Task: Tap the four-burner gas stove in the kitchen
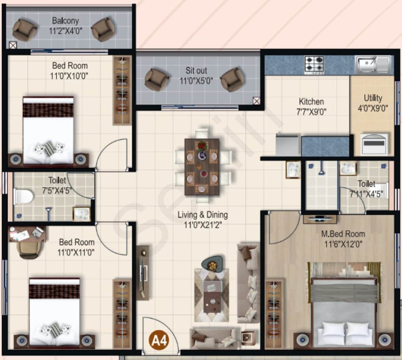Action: coord(314,65)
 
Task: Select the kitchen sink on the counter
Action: coord(368,65)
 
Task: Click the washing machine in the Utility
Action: coord(374,144)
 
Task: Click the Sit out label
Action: coord(197,70)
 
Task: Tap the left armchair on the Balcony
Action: coord(25,30)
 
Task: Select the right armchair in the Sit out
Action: coord(232,79)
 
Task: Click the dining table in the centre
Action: coord(202,166)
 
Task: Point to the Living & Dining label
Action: coord(202,215)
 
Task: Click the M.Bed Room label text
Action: coord(343,234)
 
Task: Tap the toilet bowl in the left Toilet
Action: coord(23,196)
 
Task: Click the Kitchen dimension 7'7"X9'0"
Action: coord(311,112)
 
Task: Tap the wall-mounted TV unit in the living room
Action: coord(143,273)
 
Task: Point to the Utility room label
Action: coord(373,98)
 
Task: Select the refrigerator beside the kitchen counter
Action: coord(287,145)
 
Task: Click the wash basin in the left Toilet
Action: coord(81,214)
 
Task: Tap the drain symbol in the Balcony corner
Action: coord(13,45)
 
